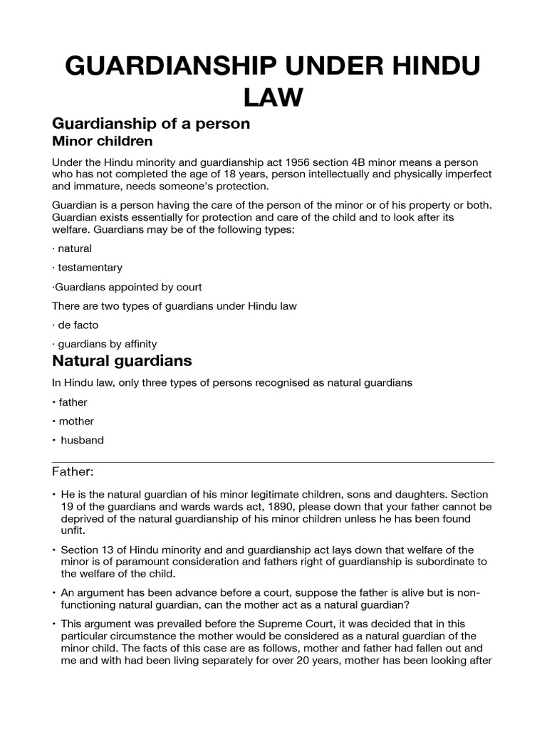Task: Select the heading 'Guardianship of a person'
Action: [151, 123]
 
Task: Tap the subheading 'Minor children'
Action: [102, 142]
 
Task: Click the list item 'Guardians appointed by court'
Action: [128, 287]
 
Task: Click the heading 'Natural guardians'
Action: [122, 362]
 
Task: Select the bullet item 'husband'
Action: [82, 440]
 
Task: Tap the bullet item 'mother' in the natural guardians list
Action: [77, 421]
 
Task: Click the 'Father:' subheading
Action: [73, 471]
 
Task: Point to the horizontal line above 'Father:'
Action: [273, 462]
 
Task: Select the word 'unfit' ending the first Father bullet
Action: [71, 530]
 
